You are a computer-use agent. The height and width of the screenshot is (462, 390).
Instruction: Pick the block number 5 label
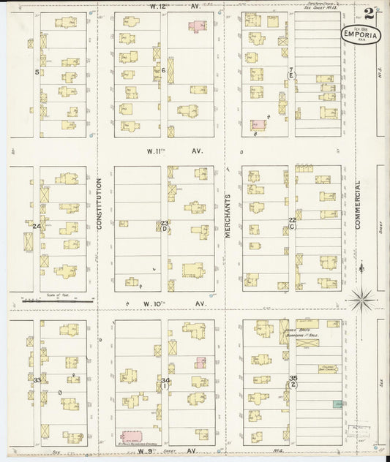[x=37, y=72]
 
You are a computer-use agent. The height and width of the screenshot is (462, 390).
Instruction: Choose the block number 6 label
[x=164, y=70]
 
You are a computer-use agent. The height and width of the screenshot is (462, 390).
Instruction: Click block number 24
[x=36, y=227]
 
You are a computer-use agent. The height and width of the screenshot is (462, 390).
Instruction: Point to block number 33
[x=37, y=380]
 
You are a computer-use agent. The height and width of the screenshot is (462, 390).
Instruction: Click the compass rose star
[x=361, y=298]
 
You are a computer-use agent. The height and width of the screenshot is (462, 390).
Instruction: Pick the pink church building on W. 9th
[x=132, y=436]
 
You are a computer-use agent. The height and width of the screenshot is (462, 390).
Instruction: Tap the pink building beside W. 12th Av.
[x=197, y=26]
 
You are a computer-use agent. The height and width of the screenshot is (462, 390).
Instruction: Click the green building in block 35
[x=338, y=404]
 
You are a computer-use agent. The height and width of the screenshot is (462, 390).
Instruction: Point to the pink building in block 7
[x=258, y=125]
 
